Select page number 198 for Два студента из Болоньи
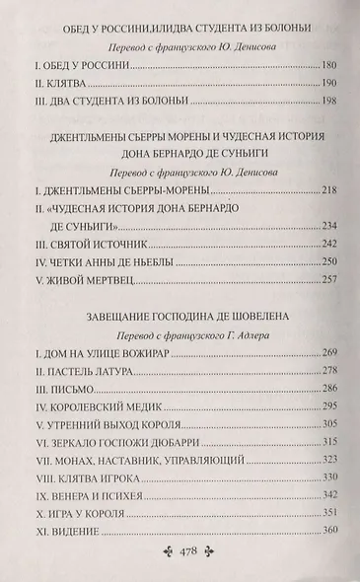[x=327, y=127]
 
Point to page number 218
[x=327, y=214]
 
